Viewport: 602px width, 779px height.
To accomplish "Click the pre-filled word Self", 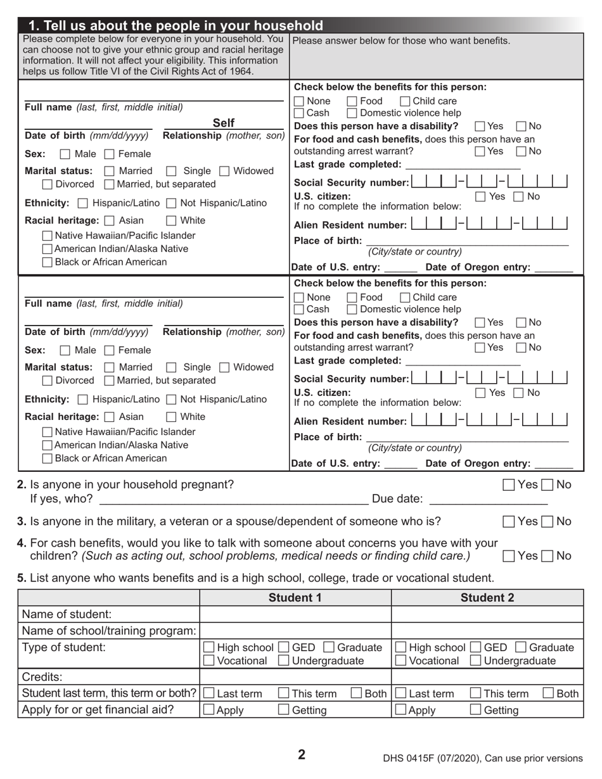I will [x=223, y=123].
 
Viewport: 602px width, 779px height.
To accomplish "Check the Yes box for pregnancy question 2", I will [x=509, y=485].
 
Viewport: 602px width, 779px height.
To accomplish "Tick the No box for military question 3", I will [x=548, y=522].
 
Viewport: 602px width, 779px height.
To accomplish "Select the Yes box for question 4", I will [x=509, y=556].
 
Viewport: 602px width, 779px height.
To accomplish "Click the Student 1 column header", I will [x=295, y=598].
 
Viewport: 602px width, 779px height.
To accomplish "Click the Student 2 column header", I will [x=487, y=598].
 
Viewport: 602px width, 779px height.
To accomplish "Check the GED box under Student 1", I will [x=284, y=647].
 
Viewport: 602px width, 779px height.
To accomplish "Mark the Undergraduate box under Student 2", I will [x=476, y=661].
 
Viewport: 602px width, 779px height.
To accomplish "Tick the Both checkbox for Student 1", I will [x=357, y=693].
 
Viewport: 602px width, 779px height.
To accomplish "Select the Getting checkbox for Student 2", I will [x=476, y=710].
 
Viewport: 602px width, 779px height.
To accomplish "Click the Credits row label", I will [x=42, y=676].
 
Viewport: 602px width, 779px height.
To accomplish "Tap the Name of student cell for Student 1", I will [x=295, y=614].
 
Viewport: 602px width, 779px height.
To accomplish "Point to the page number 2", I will [x=302, y=754].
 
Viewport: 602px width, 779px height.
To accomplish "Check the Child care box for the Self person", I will [x=406, y=101].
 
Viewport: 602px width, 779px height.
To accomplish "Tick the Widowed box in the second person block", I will [x=224, y=367].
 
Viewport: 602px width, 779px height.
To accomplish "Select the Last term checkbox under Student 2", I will [x=401, y=693].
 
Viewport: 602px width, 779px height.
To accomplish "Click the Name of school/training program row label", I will [x=109, y=631].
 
